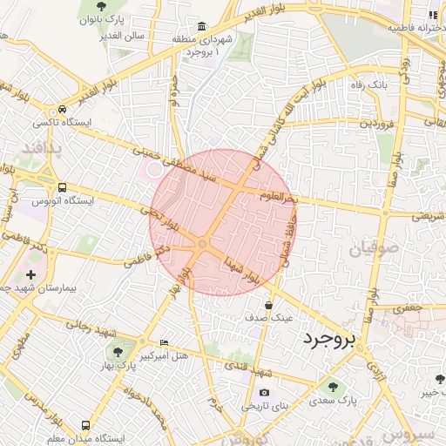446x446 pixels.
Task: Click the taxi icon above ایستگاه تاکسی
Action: click(x=62, y=110)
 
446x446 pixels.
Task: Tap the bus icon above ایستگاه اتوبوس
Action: click(x=62, y=187)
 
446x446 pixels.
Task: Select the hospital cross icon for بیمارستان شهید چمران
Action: click(x=32, y=275)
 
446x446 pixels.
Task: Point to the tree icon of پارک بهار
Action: click(x=117, y=351)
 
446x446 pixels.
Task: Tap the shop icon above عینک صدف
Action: click(x=268, y=305)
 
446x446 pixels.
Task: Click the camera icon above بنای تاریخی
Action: click(x=264, y=393)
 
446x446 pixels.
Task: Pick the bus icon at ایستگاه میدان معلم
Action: click(x=85, y=426)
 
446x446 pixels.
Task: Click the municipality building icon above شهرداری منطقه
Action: click(x=202, y=27)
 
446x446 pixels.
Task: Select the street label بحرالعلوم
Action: click(x=280, y=198)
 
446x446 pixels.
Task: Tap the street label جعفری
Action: click(x=405, y=307)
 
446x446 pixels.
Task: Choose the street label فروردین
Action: click(x=378, y=125)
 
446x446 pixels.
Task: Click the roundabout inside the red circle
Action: click(x=203, y=245)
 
